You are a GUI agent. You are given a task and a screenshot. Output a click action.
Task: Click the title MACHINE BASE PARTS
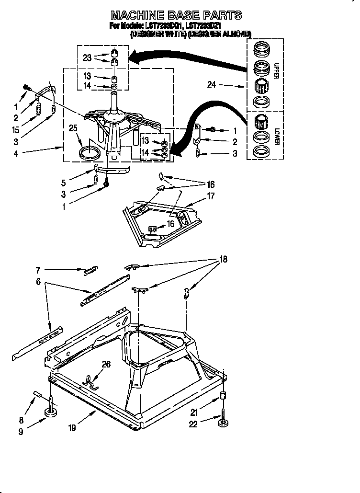(176, 15)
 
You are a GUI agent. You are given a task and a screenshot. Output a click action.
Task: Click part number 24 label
(212, 85)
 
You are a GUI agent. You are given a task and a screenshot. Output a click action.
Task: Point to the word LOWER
(276, 136)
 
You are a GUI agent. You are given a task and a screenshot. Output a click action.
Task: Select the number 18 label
(223, 259)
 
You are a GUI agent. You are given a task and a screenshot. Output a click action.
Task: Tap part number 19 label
(72, 428)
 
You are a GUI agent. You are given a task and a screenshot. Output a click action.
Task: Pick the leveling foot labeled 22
(223, 424)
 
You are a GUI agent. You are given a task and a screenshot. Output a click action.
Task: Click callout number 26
(106, 364)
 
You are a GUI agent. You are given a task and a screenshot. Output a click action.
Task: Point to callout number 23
(87, 57)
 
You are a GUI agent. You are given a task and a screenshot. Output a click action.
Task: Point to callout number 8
(21, 407)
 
